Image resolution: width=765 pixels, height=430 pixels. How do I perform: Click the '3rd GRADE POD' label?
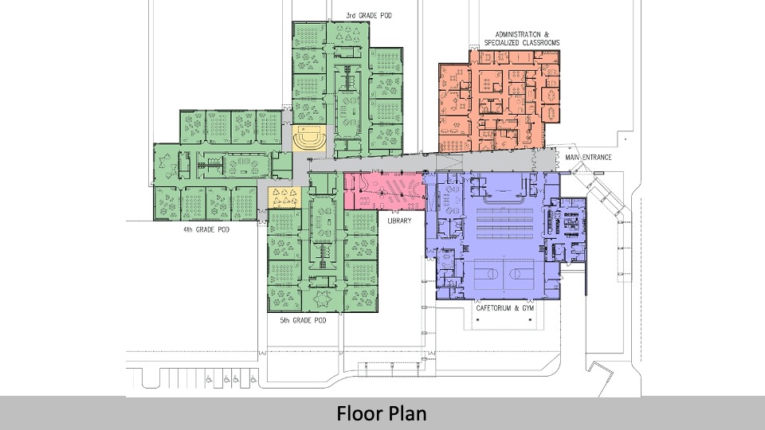pos(368,15)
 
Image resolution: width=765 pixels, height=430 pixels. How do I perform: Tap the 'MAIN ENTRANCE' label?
pos(588,158)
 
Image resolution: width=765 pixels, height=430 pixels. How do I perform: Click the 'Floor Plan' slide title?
pos(381,413)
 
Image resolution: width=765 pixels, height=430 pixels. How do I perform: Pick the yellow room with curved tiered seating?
pos(308,139)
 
